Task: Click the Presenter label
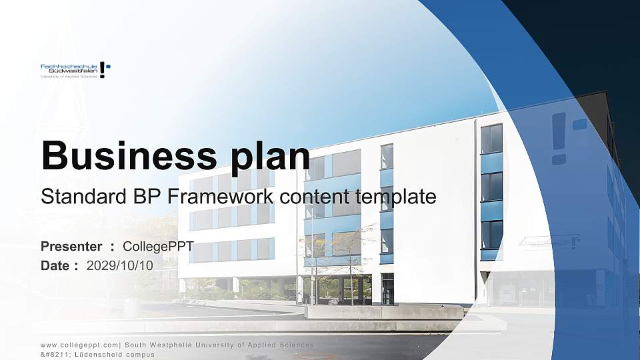coord(71,247)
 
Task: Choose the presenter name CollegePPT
coord(158,247)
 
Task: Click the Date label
coord(56,265)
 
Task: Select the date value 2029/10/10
coord(120,265)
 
